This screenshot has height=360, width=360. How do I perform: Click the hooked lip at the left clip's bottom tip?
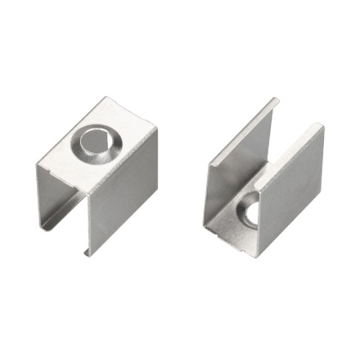tap(86, 252)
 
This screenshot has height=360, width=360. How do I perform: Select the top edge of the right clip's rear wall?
tap(244, 131)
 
